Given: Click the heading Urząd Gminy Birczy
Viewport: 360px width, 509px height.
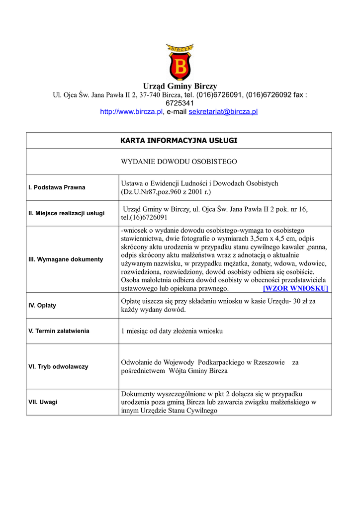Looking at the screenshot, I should click(x=180, y=86).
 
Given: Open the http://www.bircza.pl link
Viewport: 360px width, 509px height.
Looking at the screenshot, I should click(x=131, y=112).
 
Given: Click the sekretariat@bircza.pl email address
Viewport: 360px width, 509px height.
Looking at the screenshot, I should click(x=223, y=112).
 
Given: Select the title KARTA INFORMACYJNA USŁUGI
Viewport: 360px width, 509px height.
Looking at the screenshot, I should click(x=179, y=141).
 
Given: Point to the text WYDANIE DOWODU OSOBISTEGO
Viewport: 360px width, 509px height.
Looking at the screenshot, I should click(x=179, y=162).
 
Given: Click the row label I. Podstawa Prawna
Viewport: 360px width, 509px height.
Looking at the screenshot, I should click(x=57, y=187).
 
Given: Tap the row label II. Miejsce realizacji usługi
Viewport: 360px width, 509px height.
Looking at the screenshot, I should click(x=66, y=213).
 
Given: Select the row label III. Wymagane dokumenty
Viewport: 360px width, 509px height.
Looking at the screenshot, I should click(x=66, y=259).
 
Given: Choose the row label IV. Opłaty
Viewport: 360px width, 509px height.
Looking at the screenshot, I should click(x=42, y=305).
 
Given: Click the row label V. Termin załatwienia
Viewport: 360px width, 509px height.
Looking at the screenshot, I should click(x=59, y=331).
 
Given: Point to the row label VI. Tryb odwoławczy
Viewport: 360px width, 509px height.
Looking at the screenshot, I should click(x=58, y=366).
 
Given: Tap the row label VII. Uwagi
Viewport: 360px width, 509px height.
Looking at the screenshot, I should click(x=43, y=402).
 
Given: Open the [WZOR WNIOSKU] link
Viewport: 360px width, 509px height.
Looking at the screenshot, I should click(x=295, y=288).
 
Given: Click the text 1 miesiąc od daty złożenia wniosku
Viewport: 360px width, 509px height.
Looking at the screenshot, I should click(x=172, y=331).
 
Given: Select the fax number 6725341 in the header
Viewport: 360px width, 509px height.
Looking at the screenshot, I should click(x=180, y=103).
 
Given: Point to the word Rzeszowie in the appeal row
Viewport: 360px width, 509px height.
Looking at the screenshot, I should click(x=269, y=362).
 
